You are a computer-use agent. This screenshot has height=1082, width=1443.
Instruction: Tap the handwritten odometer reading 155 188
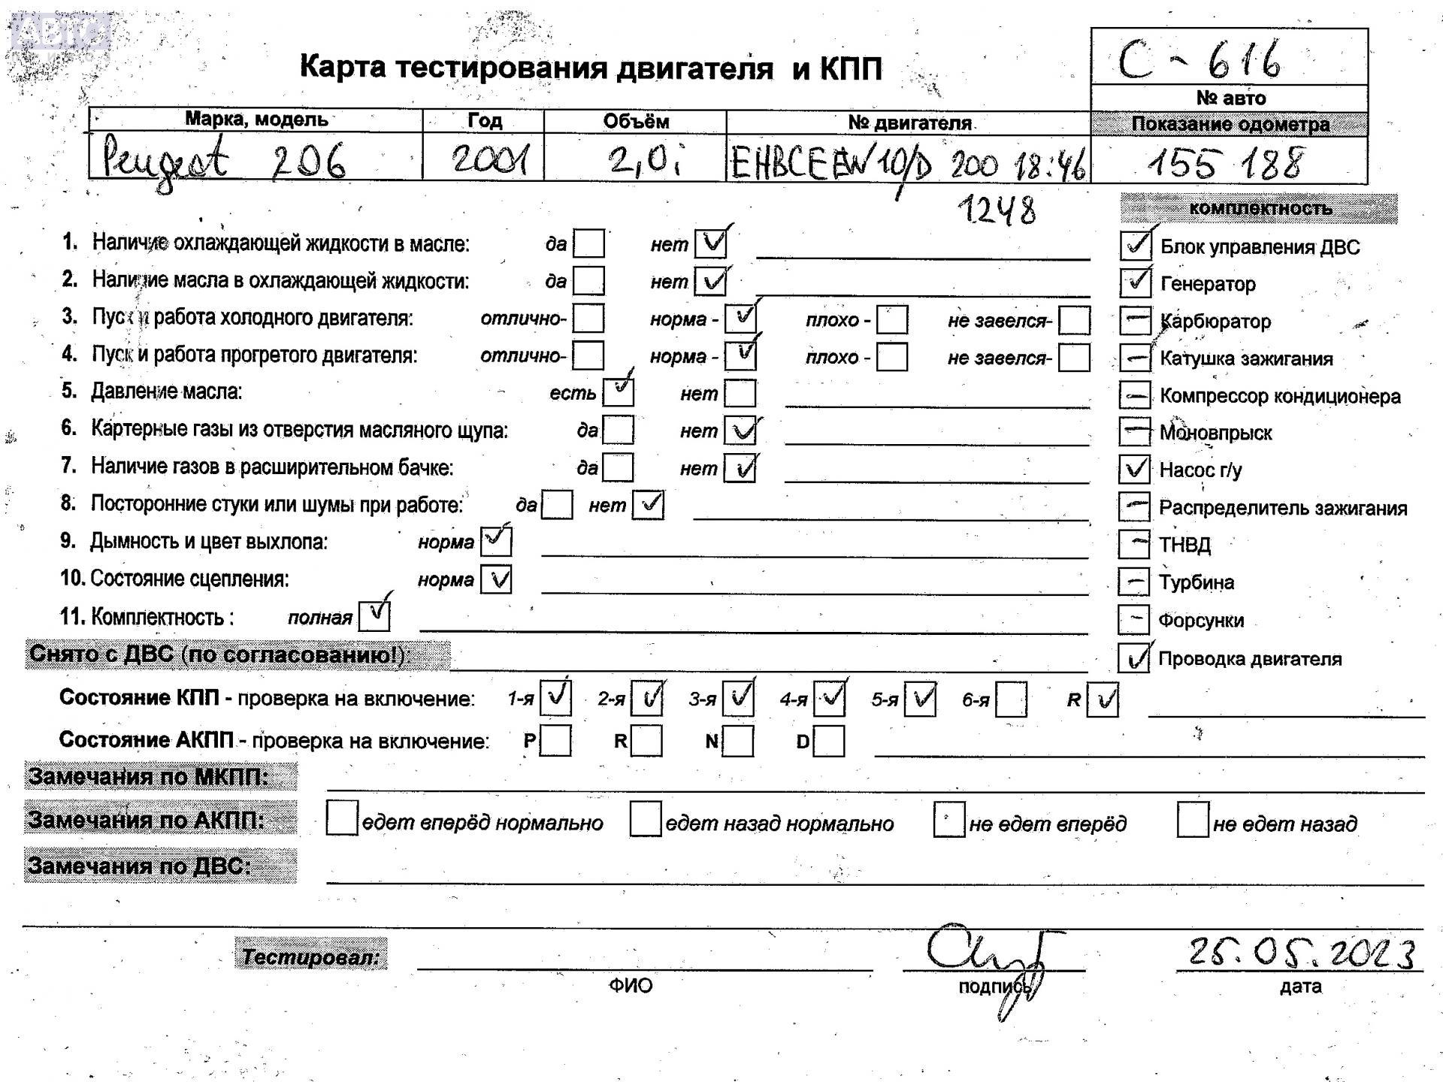coord(1226,162)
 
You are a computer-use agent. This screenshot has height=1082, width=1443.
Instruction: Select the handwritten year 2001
coord(489,159)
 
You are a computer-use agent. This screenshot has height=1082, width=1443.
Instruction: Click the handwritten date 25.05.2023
coord(1301,954)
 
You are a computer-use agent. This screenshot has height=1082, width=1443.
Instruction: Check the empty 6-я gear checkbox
coord(1011,700)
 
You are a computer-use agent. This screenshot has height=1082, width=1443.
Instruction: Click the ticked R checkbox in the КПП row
coord(1103,700)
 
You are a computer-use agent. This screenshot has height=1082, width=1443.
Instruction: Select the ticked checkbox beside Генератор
coord(1135,283)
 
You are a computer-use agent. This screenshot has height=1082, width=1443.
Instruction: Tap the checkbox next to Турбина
coord(1133,582)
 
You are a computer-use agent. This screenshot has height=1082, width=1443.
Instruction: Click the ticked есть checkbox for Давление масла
coord(619,391)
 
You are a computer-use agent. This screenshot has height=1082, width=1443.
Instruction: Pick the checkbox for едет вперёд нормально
coord(342,819)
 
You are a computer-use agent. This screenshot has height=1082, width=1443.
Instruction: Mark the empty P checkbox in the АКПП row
coord(555,741)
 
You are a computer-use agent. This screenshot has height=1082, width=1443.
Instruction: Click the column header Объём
coord(635,121)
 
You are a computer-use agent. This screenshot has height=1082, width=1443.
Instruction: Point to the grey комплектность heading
coord(1260,208)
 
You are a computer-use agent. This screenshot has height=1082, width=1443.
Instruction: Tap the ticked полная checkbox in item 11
coord(374,616)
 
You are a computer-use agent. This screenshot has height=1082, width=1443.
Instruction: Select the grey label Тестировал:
coord(311,957)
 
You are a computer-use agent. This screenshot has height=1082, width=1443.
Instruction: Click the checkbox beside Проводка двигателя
coord(1133,658)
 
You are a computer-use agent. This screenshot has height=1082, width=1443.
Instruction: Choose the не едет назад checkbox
coord(1193,820)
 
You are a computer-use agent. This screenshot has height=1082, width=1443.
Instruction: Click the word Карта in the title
coord(343,67)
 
